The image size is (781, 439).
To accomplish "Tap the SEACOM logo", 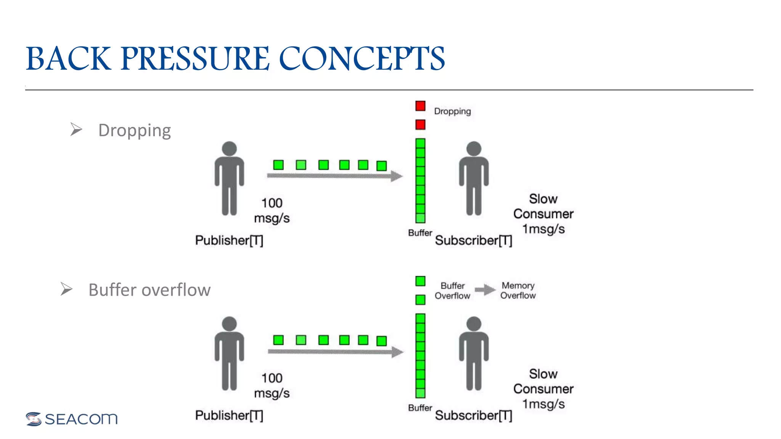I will click(x=72, y=419).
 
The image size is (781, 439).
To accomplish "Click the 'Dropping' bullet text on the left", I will click(x=134, y=130).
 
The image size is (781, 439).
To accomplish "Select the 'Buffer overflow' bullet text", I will click(x=149, y=290).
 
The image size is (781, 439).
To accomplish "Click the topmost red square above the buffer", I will click(x=420, y=106).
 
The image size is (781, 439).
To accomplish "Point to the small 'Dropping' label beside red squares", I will click(x=452, y=111).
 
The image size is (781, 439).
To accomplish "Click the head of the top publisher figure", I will click(x=229, y=149).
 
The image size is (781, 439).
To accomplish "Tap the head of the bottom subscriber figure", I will click(x=474, y=324).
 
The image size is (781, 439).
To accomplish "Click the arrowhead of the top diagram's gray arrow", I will click(x=397, y=176).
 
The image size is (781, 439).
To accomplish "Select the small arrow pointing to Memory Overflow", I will click(x=485, y=290).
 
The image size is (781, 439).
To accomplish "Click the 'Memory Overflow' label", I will click(x=517, y=290).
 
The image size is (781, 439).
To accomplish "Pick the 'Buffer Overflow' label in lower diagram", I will click(x=452, y=291).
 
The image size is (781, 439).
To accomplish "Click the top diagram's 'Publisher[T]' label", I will click(x=229, y=240).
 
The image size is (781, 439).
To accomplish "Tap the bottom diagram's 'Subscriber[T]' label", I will click(x=473, y=415).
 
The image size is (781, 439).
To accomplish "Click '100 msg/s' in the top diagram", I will click(x=272, y=210).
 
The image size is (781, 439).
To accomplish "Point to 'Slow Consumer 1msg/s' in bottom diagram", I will click(x=543, y=389).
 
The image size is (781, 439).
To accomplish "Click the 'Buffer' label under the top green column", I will click(x=419, y=233).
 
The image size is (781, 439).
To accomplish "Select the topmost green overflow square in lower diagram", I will click(x=420, y=281).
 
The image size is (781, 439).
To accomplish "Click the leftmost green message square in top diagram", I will click(x=278, y=165).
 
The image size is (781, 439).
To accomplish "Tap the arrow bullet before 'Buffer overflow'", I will click(x=66, y=289).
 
